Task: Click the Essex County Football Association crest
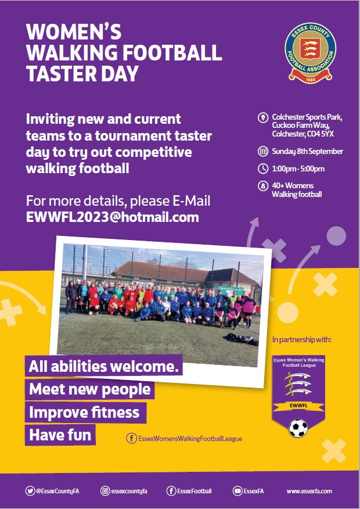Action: click(311, 52)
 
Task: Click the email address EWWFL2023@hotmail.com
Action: click(112, 217)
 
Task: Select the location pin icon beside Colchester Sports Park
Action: click(262, 117)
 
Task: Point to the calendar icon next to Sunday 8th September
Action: click(262, 151)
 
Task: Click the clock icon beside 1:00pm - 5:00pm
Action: click(262, 169)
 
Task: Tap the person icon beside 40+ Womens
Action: click(262, 186)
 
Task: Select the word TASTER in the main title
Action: click(62, 73)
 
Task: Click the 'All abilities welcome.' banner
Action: click(104, 366)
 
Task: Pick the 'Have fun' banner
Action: click(60, 435)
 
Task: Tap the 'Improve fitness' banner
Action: click(85, 413)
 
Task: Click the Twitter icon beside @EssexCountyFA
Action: click(30, 491)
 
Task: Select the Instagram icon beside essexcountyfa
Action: click(105, 491)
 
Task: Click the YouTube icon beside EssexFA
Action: click(237, 491)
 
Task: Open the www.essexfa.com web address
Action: click(309, 491)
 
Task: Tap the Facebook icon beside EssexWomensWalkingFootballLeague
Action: click(131, 439)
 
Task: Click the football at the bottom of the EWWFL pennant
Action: click(298, 428)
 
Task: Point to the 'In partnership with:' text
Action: click(301, 339)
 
